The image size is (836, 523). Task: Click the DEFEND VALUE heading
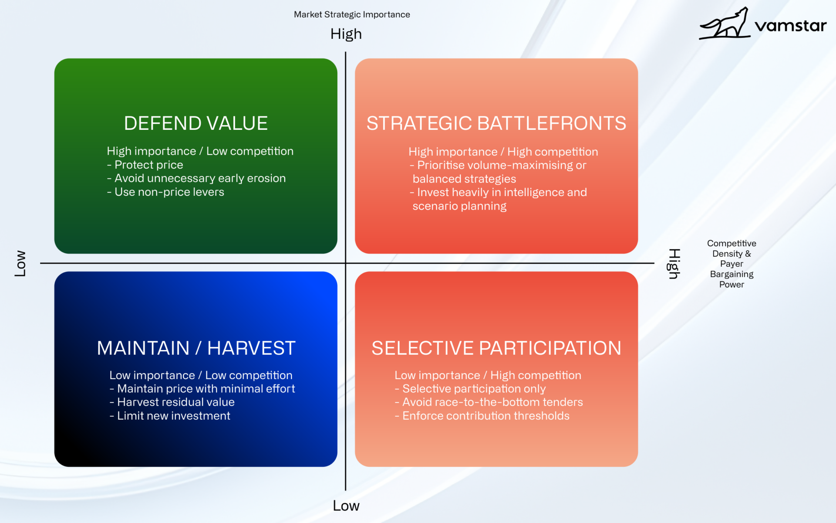pos(196,123)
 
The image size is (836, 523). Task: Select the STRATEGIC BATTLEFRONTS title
pos(496,123)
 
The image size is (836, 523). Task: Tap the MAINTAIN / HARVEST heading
pos(196,348)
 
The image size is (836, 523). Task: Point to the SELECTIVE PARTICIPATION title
pos(496,348)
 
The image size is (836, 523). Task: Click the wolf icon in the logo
pos(725,24)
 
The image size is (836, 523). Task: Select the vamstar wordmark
pos(790,26)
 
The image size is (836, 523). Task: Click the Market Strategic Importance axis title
pos(352,14)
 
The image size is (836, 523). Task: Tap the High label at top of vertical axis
pos(346,34)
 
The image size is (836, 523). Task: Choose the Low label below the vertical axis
pos(346,506)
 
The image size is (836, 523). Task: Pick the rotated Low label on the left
pos(20,263)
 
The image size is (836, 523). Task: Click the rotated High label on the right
pos(674,264)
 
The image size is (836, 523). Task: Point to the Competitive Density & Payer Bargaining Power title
pos(731,264)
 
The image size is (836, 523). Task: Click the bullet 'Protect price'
pos(145,165)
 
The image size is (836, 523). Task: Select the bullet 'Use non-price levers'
pos(165,192)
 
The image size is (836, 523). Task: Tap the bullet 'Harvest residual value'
pos(172,402)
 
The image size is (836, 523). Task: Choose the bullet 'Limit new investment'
pos(170,416)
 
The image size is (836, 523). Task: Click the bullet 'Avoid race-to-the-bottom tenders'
pos(489,402)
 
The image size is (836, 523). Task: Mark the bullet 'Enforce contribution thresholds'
pos(482,416)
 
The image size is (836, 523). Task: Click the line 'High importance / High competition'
pos(503,152)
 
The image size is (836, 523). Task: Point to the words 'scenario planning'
pos(459,206)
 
